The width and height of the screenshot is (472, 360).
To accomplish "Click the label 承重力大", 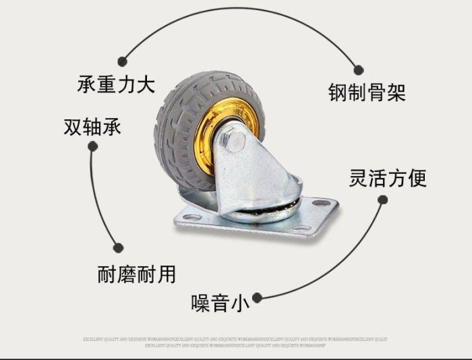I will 117,85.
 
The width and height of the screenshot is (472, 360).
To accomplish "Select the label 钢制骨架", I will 367,92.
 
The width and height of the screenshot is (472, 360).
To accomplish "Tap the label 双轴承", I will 92,126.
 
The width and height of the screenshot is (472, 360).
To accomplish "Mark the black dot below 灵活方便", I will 382,200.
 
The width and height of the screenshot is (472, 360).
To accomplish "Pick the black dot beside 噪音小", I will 258,296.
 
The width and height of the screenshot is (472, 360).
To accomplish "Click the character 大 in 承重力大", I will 146,85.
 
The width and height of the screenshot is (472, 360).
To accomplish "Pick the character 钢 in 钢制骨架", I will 338,92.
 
